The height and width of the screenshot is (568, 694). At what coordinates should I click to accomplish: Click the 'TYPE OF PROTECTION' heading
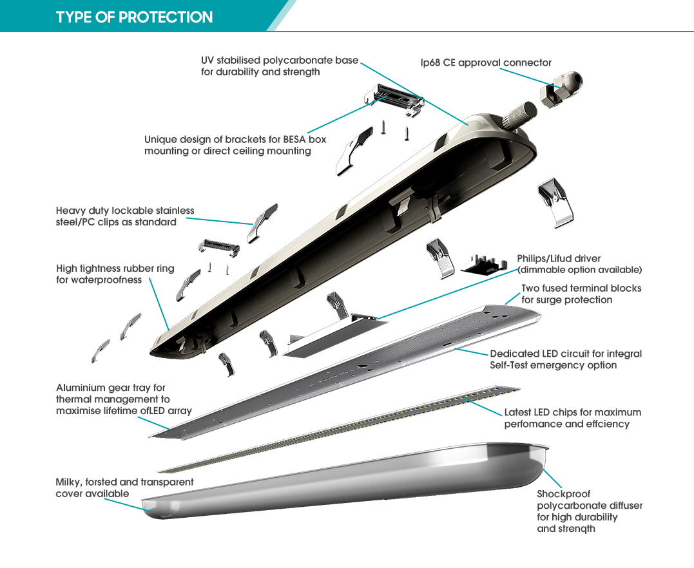click(134, 17)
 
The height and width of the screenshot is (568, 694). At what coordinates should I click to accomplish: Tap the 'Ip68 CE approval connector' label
click(486, 62)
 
